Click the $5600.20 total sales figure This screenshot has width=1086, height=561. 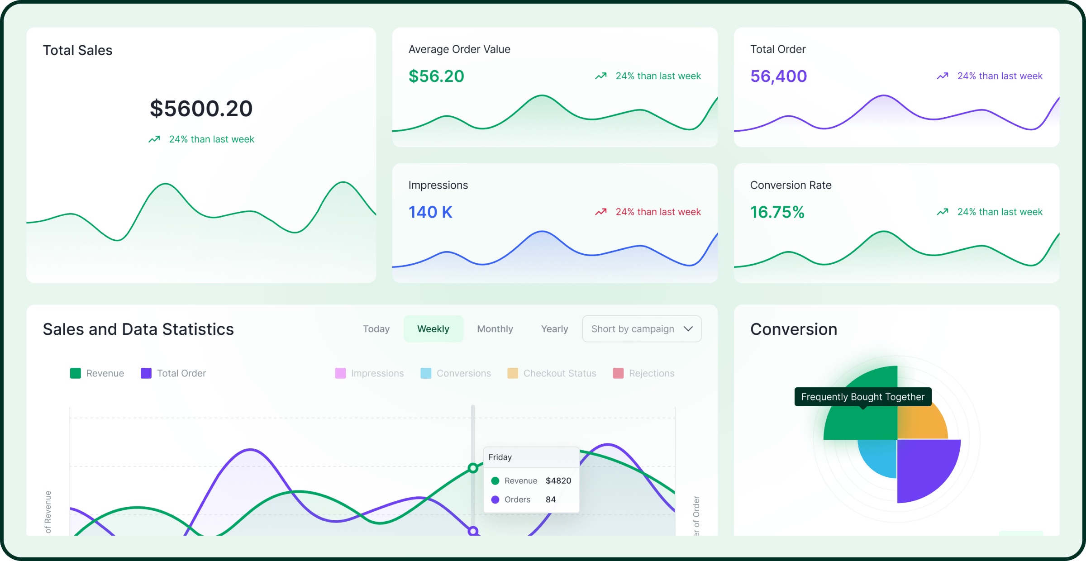tap(201, 109)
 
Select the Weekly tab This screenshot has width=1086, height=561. tap(433, 329)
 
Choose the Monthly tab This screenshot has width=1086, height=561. tap(495, 329)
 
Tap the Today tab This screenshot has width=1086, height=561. tap(376, 329)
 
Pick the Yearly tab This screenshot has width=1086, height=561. tap(554, 329)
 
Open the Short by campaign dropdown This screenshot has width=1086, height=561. tap(641, 329)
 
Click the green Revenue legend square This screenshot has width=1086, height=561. tap(76, 373)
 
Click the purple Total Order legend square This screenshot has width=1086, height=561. tap(146, 373)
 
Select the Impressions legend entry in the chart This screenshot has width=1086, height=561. tap(370, 373)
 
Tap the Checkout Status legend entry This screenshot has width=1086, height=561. tap(552, 373)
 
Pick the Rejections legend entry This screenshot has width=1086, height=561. tap(643, 373)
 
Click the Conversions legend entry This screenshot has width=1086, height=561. tap(456, 373)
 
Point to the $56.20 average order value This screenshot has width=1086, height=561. tap(436, 76)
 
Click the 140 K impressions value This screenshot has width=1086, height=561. tap(430, 212)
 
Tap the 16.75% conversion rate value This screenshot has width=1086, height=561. tap(777, 212)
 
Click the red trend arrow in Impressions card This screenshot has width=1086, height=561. tap(600, 212)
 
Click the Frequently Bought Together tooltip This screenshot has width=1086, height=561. tap(862, 397)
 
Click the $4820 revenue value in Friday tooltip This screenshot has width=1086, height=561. tap(558, 480)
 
